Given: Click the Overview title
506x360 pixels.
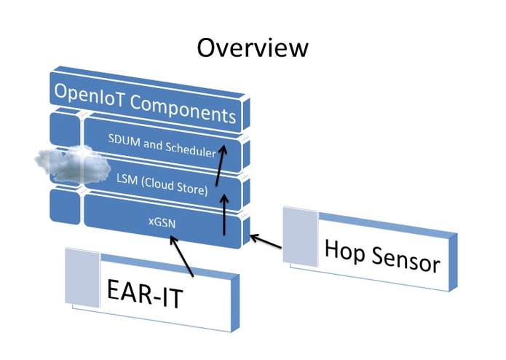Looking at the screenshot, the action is tap(253, 48).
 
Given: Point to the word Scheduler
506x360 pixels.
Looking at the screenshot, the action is tap(191, 149).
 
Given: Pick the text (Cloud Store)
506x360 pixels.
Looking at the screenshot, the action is tap(175, 186).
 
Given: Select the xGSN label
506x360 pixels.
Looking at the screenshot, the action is tap(162, 222).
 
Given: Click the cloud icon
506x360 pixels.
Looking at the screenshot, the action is tap(73, 164).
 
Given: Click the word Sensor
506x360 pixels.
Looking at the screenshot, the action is tap(406, 260).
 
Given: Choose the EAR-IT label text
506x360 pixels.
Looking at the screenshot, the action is tap(145, 293).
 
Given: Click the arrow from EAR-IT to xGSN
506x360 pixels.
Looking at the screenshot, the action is tap(181, 257).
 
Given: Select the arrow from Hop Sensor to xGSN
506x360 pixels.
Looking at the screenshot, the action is tap(266, 241).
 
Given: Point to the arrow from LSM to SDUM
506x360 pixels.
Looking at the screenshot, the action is tap(221, 165).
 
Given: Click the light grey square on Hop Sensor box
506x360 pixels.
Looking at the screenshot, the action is tap(301, 237).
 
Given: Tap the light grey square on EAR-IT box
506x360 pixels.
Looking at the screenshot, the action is tap(82, 278).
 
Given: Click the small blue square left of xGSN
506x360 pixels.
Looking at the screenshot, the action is tap(65, 206).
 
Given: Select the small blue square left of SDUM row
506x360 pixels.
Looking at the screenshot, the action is tap(65, 128).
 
